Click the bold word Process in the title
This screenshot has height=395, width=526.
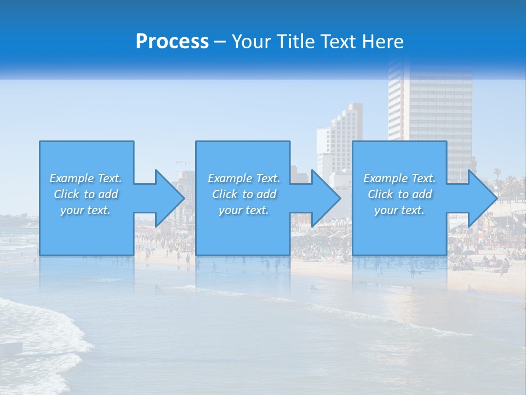[172, 42]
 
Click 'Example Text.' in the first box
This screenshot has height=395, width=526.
[85, 178]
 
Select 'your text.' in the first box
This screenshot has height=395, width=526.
[85, 210]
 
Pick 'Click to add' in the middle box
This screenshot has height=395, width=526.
[244, 194]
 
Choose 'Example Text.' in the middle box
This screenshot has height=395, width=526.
[244, 178]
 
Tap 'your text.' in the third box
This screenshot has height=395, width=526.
[399, 210]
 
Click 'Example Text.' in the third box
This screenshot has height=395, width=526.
[399, 178]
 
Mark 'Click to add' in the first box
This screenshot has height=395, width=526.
[85, 194]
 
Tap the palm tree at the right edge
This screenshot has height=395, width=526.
[497, 174]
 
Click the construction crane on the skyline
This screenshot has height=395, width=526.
[183, 163]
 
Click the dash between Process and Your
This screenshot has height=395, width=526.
[220, 42]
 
